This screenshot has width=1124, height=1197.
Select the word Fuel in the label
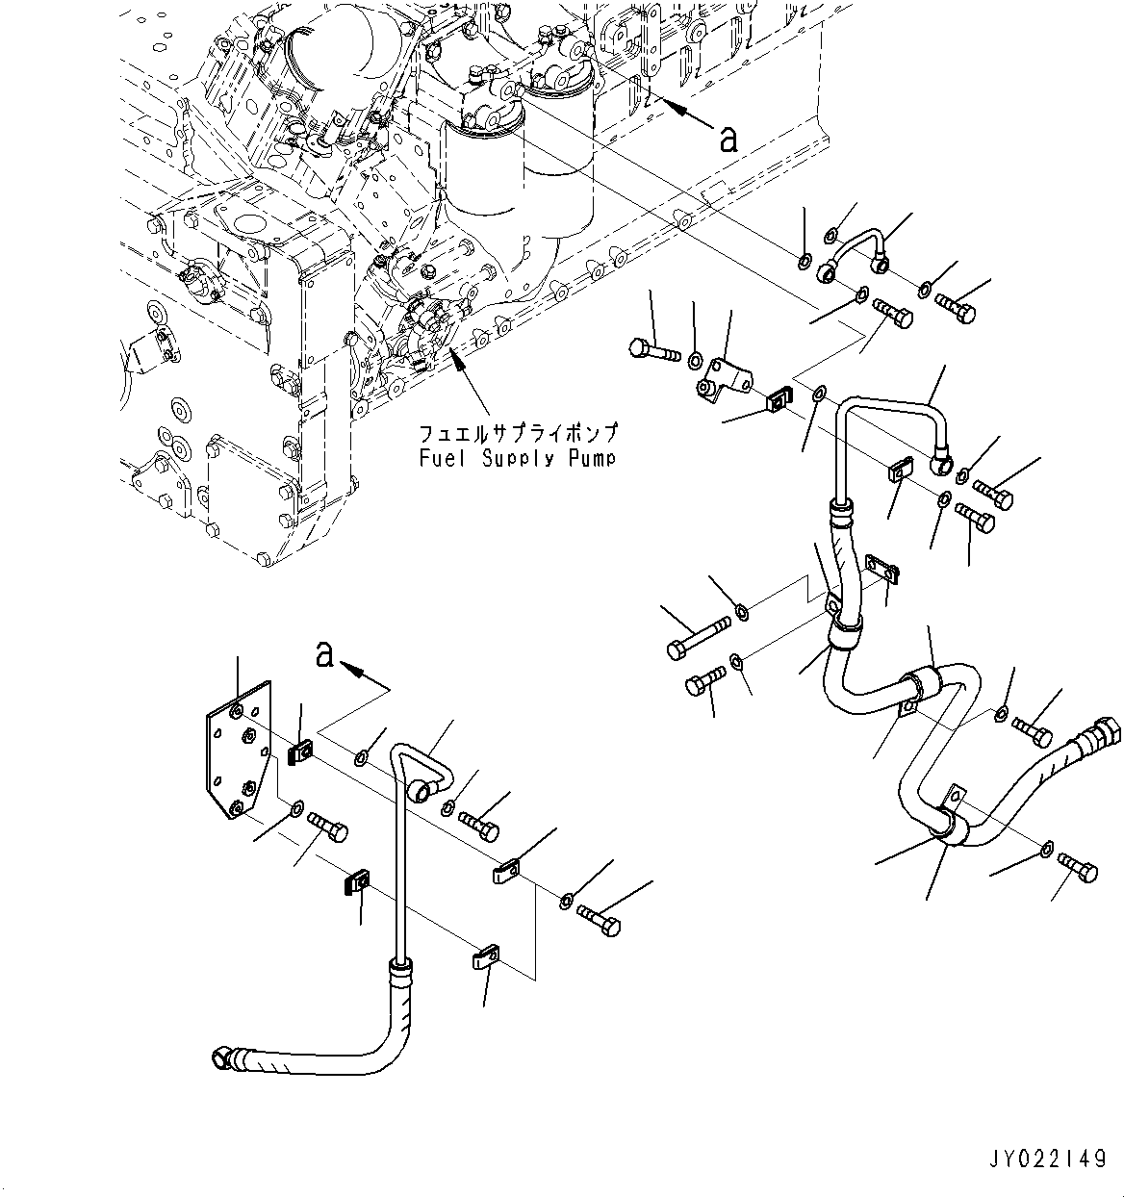pos(437,459)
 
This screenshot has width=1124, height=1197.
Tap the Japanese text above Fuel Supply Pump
pos(518,433)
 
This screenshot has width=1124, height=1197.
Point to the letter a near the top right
pos(728,140)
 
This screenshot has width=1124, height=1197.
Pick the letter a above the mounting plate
pos(325,656)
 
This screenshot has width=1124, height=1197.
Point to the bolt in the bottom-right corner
pos(1077,867)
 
